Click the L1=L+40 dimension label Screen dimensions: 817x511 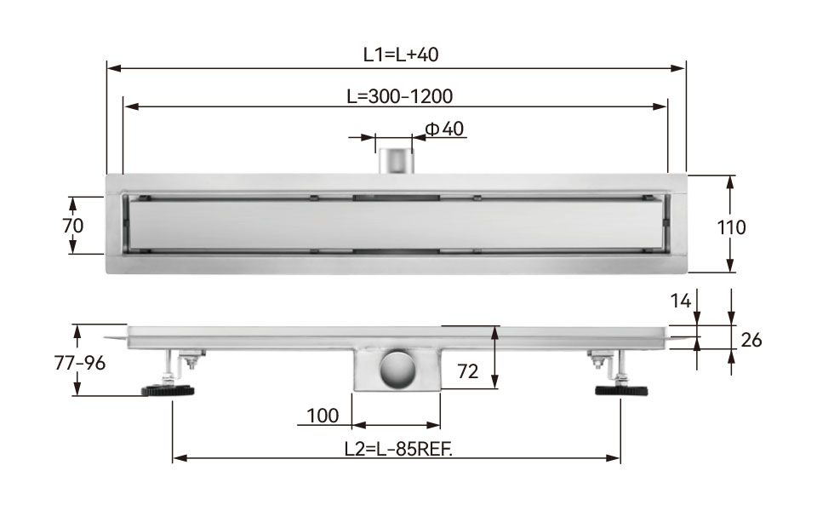(x=401, y=55)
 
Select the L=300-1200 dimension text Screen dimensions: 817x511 (x=400, y=96)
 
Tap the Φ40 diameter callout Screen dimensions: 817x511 (x=444, y=129)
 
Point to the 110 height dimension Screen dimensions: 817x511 (x=731, y=227)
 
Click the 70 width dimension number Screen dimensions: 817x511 (x=72, y=226)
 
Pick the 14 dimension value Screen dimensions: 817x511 (x=681, y=301)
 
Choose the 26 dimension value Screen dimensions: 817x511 (x=751, y=340)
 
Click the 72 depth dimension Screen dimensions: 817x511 (x=467, y=371)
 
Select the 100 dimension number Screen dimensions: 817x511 (x=323, y=416)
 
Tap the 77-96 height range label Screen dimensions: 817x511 (x=80, y=363)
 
